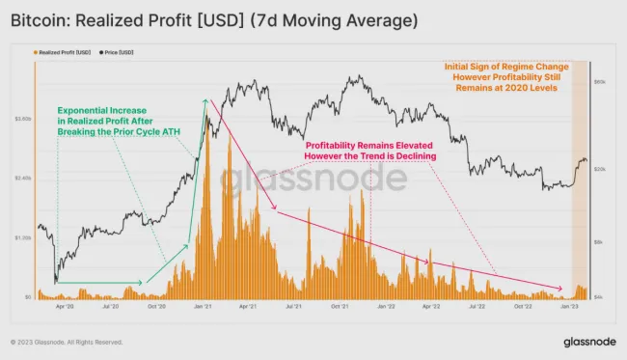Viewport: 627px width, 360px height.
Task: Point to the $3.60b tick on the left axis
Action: (24, 119)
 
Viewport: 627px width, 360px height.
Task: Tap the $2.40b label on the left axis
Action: (24, 179)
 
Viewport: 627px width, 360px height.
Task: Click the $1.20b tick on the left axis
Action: (24, 237)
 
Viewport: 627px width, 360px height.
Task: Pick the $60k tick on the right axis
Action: (598, 83)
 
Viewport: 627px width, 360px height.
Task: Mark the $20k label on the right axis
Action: (598, 169)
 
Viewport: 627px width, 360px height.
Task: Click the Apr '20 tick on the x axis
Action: (66, 306)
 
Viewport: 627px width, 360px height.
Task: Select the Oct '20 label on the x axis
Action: (157, 306)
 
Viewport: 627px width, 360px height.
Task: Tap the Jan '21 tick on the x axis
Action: (204, 306)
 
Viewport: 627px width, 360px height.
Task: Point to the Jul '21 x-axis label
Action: (294, 306)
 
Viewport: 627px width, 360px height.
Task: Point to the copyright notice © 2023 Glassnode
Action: (66, 342)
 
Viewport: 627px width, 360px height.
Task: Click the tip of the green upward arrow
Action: (204, 98)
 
